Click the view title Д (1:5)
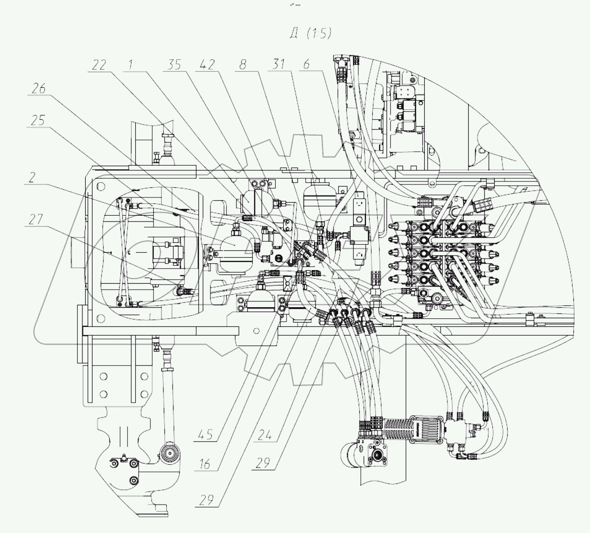[x=311, y=33]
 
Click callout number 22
[x=99, y=65]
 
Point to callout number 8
[x=243, y=65]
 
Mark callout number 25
[x=39, y=120]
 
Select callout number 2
[x=32, y=178]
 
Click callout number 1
[x=131, y=65]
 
